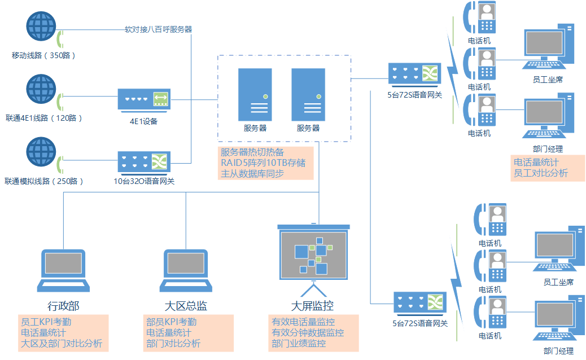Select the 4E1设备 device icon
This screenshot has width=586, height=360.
[x=144, y=99]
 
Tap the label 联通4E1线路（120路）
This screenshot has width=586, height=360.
[x=43, y=118]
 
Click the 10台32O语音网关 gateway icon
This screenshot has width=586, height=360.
[x=144, y=162]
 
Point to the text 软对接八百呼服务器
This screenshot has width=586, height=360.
[x=158, y=29]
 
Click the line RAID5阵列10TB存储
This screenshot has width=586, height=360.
[x=263, y=163]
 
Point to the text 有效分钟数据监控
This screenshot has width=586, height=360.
[x=307, y=333]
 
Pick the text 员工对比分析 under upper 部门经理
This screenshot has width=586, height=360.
[x=540, y=173]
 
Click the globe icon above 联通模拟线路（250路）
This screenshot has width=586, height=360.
[x=42, y=154]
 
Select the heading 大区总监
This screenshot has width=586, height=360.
[x=186, y=306]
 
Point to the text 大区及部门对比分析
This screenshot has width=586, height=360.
[x=62, y=343]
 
